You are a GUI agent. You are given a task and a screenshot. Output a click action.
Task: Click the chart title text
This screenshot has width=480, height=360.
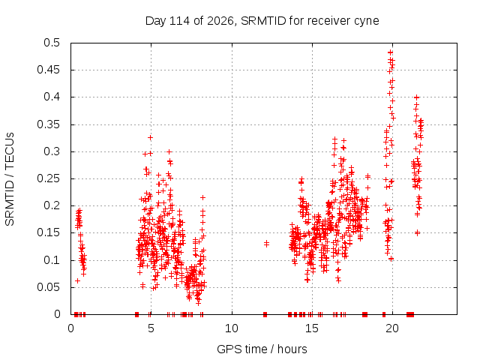pos(262,21)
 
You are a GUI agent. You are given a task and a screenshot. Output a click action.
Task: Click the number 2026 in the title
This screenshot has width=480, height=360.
pos(220,21)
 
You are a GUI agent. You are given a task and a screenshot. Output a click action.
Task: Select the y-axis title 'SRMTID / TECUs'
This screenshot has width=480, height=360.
pos(10,179)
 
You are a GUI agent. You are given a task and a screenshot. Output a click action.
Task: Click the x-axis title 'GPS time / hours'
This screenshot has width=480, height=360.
pos(262,349)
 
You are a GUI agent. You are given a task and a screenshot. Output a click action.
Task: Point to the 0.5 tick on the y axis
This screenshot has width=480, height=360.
pos(52,43)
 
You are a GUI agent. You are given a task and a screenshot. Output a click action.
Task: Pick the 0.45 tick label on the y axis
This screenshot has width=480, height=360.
pos(49,70)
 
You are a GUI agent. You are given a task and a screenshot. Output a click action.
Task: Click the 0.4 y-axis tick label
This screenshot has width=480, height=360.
pos(52,97)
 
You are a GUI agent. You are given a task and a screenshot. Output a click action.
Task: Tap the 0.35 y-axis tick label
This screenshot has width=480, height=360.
pos(49,124)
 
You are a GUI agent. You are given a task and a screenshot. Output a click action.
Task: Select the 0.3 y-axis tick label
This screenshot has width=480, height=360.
pos(52,151)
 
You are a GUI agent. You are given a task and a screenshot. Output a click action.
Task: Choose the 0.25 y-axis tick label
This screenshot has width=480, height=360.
pos(49,178)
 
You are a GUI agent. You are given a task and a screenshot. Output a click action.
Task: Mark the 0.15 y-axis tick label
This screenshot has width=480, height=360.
pos(49,232)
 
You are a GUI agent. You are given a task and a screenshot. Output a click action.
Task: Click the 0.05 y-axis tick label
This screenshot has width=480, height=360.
pos(49,287)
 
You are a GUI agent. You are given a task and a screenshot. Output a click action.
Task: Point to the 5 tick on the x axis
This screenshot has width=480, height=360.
pos(151,328)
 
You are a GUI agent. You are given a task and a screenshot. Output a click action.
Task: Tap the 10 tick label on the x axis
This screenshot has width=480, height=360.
pos(232,328)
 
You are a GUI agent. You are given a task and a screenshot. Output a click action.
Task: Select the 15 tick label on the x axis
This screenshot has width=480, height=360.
pos(312,328)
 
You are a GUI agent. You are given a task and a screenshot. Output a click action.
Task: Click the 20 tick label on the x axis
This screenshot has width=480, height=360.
pos(392,328)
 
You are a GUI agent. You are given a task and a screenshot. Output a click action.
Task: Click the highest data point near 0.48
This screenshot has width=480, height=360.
pos(390,52)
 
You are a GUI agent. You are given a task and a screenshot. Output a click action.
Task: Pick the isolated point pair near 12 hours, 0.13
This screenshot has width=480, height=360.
pos(266,244)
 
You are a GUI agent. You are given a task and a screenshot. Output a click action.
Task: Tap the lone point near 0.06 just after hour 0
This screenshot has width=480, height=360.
pos(77,280)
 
